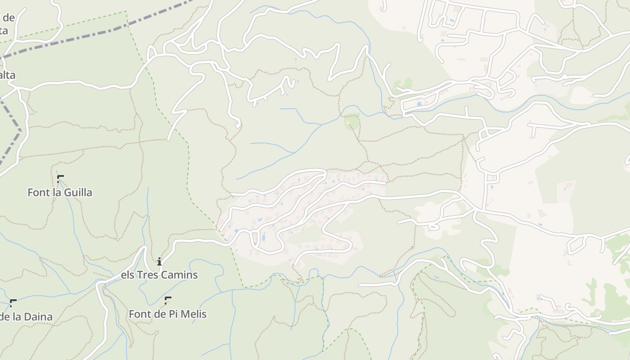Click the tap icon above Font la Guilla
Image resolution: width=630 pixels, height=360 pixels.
pyautogui.click(x=60, y=178)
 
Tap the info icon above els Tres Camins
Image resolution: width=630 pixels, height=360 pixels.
pyautogui.click(x=159, y=261)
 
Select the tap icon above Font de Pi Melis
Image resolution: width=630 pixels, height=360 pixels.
pyautogui.click(x=168, y=300)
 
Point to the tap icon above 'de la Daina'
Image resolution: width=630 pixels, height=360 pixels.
pyautogui.click(x=13, y=302)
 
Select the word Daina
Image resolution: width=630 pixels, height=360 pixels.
pyautogui.click(x=39, y=317)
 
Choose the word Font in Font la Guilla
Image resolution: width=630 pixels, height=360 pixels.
pyautogui.click(x=38, y=193)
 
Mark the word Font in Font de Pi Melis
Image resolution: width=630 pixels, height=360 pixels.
pyautogui.click(x=139, y=314)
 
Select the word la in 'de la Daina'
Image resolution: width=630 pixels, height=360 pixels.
pyautogui.click(x=18, y=317)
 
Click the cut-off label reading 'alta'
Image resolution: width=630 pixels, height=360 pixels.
pyautogui.click(x=7, y=75)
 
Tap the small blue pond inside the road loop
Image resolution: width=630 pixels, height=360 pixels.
pyautogui.click(x=419, y=104)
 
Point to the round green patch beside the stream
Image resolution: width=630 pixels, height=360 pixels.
pyautogui.click(x=351, y=122)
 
